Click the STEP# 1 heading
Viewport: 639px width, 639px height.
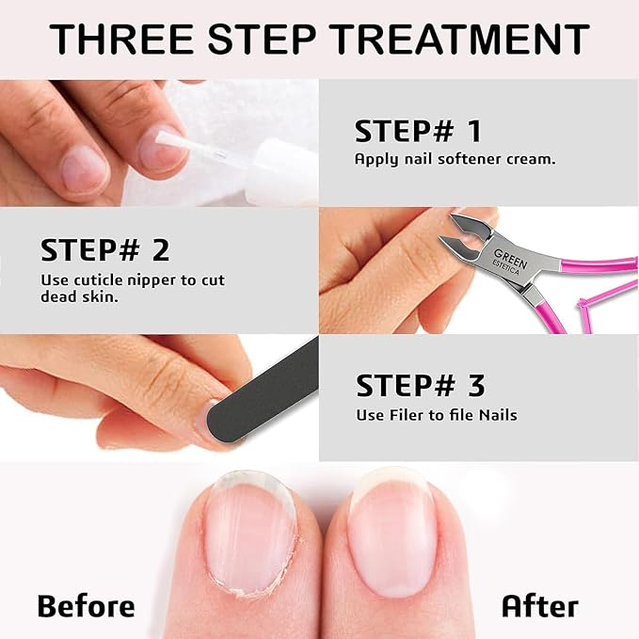tap(418, 131)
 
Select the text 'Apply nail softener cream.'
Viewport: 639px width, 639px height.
tap(455, 159)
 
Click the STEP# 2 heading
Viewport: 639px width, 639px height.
tap(105, 250)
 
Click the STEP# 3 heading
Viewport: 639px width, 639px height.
tap(421, 385)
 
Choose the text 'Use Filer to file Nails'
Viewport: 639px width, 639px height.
tap(436, 414)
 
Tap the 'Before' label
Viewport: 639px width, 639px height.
tap(86, 605)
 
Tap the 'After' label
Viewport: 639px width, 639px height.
tap(539, 605)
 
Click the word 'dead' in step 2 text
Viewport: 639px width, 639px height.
tap(59, 296)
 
